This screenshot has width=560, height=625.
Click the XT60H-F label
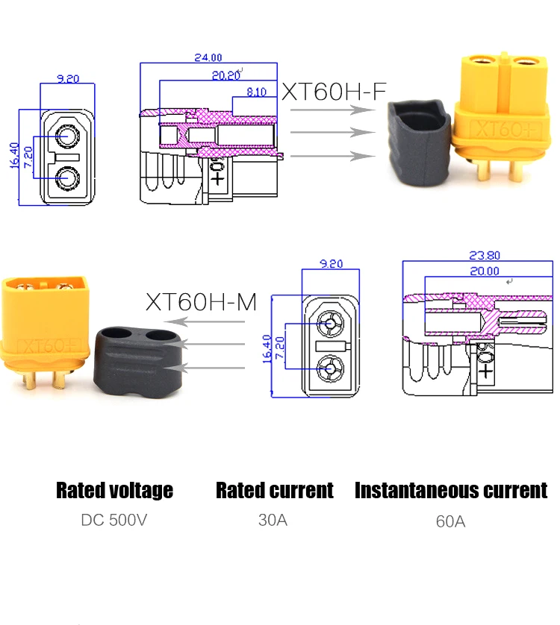[x=333, y=91]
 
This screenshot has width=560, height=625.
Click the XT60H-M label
[x=201, y=302]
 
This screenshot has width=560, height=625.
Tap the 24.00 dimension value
[x=208, y=57]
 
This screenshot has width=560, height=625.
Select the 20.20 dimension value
[x=226, y=75]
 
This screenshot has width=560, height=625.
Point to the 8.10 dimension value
[x=255, y=92]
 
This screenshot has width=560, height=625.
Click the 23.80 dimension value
[x=485, y=255]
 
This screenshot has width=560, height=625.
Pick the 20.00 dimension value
[x=485, y=271]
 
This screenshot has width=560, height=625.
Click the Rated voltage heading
[x=114, y=490]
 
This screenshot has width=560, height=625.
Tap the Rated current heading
[x=274, y=490]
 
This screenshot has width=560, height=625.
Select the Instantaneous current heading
[x=450, y=490]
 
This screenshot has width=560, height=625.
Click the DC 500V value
[x=114, y=520]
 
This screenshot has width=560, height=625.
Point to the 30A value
[x=273, y=520]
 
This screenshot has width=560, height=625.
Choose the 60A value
[x=450, y=521]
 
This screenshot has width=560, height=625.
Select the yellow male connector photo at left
[x=46, y=328]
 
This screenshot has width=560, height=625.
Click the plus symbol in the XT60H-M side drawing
[x=486, y=369]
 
